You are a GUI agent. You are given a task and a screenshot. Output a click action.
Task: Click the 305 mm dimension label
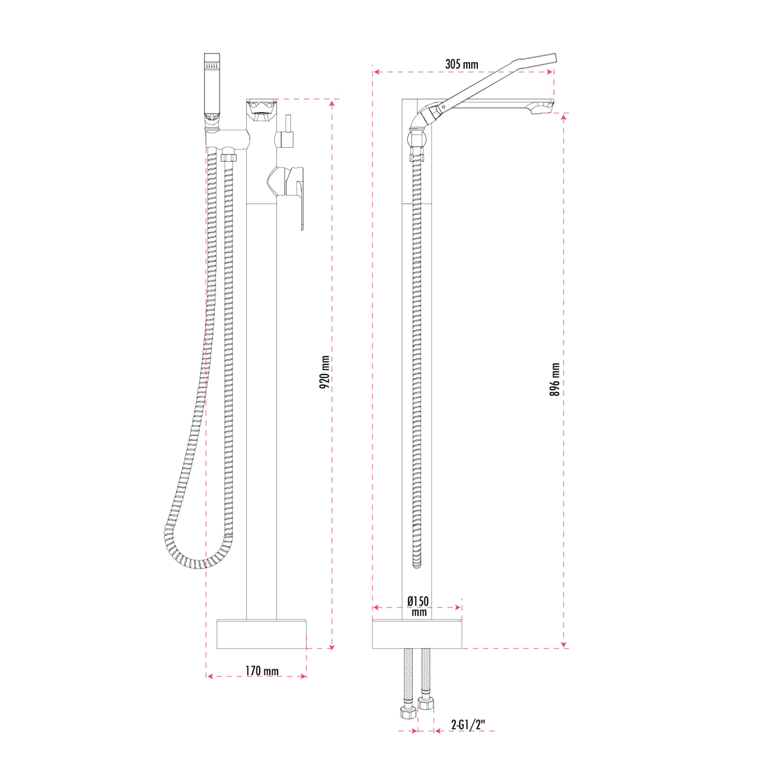pos(461,65)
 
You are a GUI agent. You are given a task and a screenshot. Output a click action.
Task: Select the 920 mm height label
pos(324,372)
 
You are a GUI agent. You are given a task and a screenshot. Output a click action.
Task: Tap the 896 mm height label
pos(555,379)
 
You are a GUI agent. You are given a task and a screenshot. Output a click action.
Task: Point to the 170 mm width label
pos(261,671)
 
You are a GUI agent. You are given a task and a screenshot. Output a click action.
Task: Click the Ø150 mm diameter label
pos(418,606)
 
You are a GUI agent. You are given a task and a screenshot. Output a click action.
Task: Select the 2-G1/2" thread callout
pos(468,725)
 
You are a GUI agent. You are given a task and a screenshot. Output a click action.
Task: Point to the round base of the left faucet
pos(261,634)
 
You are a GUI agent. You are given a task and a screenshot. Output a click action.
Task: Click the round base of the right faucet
pos(417,634)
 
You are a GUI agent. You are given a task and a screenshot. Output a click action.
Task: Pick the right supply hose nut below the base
pos(426,703)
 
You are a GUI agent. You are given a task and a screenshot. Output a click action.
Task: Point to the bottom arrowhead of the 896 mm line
pos(564,644)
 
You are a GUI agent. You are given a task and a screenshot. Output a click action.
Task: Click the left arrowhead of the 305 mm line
pos(376,72)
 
